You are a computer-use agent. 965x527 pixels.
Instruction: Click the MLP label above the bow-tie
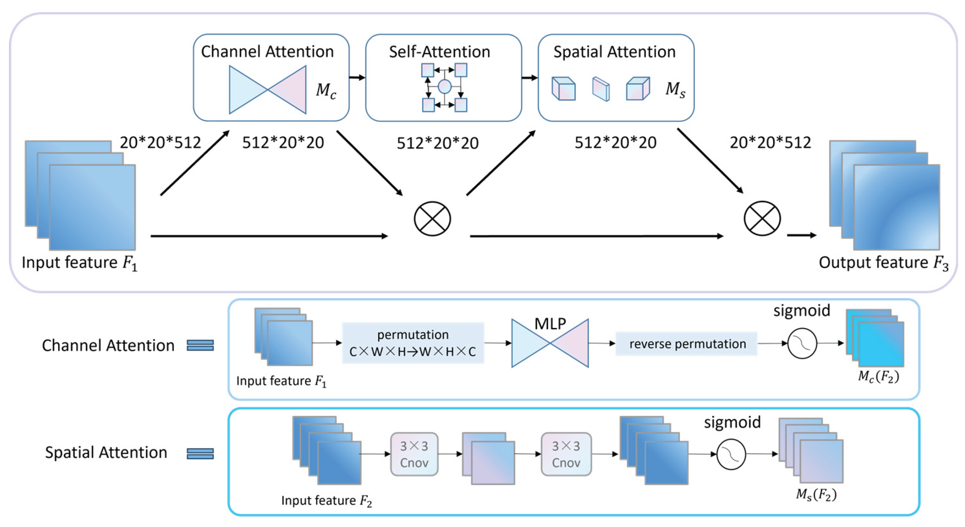click(550, 324)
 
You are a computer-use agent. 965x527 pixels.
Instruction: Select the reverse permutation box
click(687, 343)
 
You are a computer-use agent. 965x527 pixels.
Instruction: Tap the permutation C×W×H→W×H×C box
click(413, 343)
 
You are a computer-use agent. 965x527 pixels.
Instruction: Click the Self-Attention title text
click(440, 52)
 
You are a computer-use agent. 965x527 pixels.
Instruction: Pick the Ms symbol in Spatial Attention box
click(675, 90)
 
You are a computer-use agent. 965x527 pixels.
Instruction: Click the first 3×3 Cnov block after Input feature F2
click(414, 454)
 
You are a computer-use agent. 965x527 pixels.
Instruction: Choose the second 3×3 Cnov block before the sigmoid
click(566, 454)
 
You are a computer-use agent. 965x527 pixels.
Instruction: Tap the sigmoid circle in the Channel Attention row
click(802, 343)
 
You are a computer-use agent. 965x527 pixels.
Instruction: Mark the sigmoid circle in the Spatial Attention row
click(731, 454)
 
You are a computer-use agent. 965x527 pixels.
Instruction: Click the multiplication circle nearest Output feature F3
click(762, 219)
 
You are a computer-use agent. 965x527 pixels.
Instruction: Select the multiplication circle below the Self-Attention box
click(432, 219)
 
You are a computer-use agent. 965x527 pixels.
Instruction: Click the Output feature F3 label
click(883, 263)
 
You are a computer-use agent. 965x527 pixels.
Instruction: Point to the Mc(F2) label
click(878, 376)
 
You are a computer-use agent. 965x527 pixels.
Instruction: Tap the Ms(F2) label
click(816, 495)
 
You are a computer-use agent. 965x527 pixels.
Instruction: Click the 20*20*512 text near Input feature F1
click(160, 143)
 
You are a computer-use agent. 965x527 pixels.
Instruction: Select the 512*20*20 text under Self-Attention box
click(438, 143)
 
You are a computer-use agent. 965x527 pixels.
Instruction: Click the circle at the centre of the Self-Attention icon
click(444, 87)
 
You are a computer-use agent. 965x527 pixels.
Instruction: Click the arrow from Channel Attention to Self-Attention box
click(357, 78)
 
